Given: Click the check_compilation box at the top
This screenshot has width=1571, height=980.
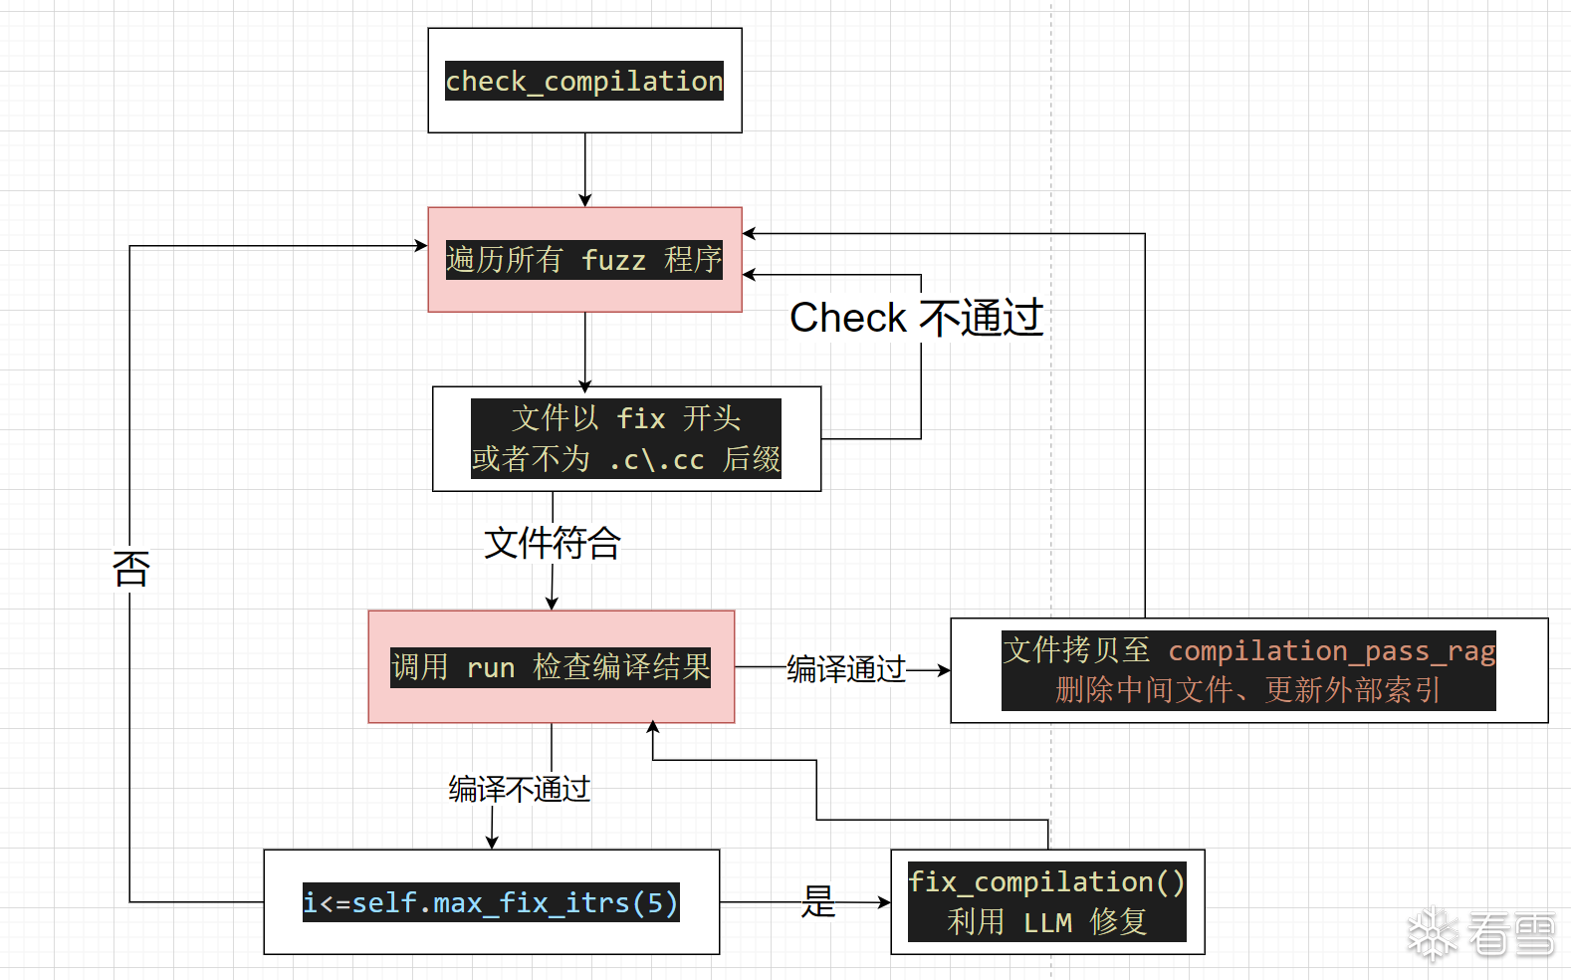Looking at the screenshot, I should pyautogui.click(x=584, y=81).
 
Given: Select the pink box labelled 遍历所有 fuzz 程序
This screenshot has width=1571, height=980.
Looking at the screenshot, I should pyautogui.click(x=584, y=259).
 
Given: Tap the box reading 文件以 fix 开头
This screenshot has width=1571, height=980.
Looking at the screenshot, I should pyautogui.click(x=626, y=438).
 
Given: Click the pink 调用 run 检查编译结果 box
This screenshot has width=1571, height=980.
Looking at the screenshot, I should pyautogui.click(x=551, y=666).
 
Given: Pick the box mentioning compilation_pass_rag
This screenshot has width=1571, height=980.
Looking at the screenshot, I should pyautogui.click(x=1248, y=670).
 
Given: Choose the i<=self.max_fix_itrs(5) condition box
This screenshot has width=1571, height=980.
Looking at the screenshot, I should pyautogui.click(x=491, y=902).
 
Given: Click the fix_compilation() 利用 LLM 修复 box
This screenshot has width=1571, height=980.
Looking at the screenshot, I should pyautogui.click(x=1047, y=902).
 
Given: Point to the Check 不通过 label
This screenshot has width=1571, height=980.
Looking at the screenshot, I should pyautogui.click(x=916, y=318).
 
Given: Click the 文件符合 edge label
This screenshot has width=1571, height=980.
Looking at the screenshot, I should pyautogui.click(x=553, y=543).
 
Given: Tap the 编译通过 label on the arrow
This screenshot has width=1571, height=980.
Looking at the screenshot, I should pyautogui.click(x=846, y=669).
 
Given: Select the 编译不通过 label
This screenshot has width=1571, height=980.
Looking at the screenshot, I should pyautogui.click(x=519, y=790).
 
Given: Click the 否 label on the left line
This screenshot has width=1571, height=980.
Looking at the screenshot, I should pyautogui.click(x=130, y=569).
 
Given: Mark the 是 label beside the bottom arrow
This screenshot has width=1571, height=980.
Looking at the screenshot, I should pyautogui.click(x=818, y=901).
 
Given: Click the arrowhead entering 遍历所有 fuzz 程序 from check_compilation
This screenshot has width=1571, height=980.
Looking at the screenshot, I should pyautogui.click(x=585, y=200).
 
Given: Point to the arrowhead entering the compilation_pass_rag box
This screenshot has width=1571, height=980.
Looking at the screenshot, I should pyautogui.click(x=943, y=670).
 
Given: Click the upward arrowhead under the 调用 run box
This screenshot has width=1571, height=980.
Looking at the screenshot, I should pyautogui.click(x=653, y=728).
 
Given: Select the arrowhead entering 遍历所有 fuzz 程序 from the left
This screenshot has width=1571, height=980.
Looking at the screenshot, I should pyautogui.click(x=421, y=246).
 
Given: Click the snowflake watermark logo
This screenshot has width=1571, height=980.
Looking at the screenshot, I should pyautogui.click(x=1432, y=933).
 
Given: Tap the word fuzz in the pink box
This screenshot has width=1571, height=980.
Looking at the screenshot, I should pyautogui.click(x=613, y=260).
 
